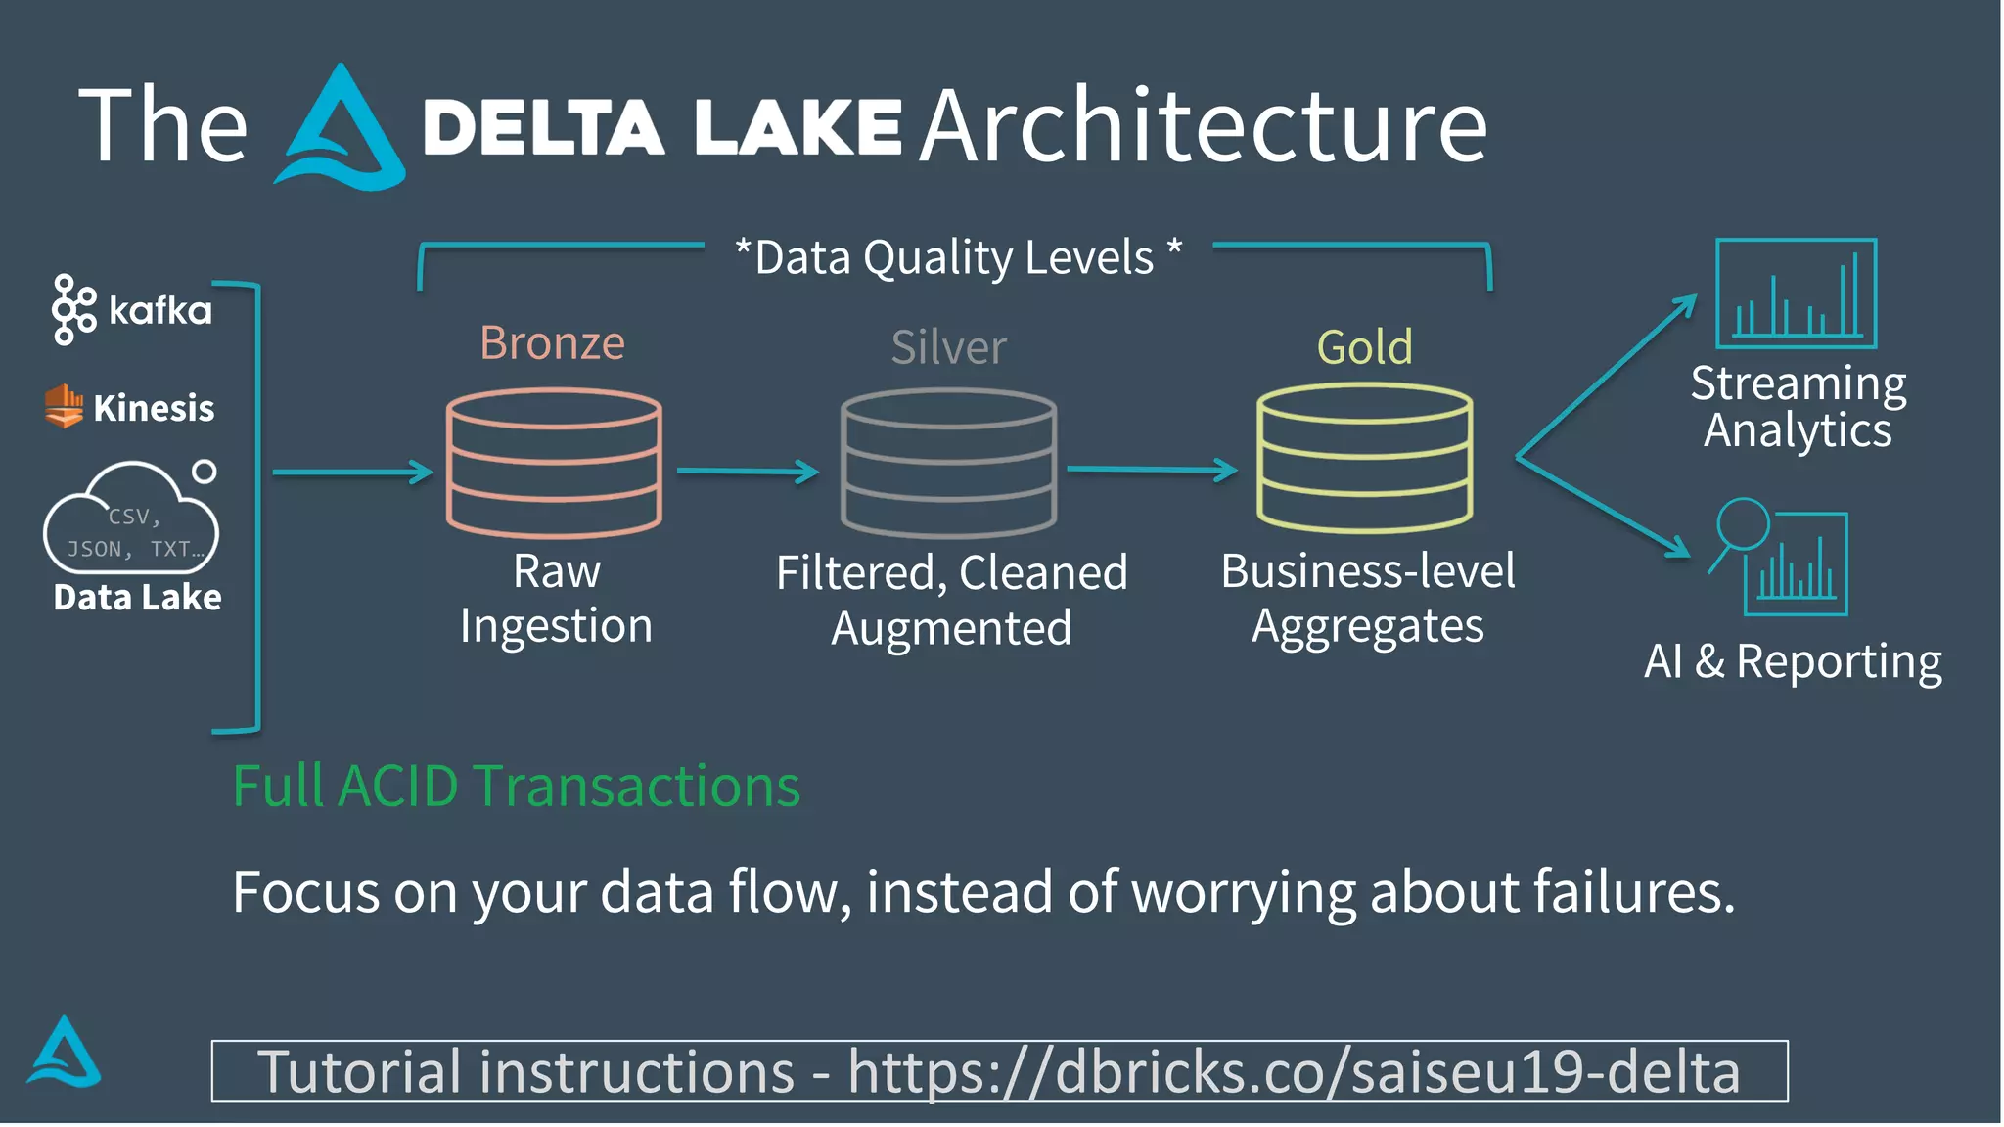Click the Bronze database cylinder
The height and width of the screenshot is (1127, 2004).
click(554, 463)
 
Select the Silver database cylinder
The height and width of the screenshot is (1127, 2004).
click(948, 463)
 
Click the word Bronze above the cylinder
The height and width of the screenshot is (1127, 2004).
click(552, 343)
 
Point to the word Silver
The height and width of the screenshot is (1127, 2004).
click(948, 347)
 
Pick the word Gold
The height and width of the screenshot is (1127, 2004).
click(1364, 347)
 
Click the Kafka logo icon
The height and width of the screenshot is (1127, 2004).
click(73, 309)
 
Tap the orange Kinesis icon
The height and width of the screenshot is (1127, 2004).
click(64, 406)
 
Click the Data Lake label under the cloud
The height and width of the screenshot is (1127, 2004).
click(137, 597)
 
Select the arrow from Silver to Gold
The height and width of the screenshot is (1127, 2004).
click(1152, 471)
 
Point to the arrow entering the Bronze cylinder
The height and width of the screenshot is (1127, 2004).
click(352, 473)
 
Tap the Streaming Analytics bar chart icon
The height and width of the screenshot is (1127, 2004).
click(1796, 293)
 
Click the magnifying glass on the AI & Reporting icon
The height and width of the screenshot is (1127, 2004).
click(1742, 525)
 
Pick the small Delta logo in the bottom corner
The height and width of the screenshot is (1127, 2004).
click(64, 1053)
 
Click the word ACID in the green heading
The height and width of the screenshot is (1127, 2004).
click(397, 786)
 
